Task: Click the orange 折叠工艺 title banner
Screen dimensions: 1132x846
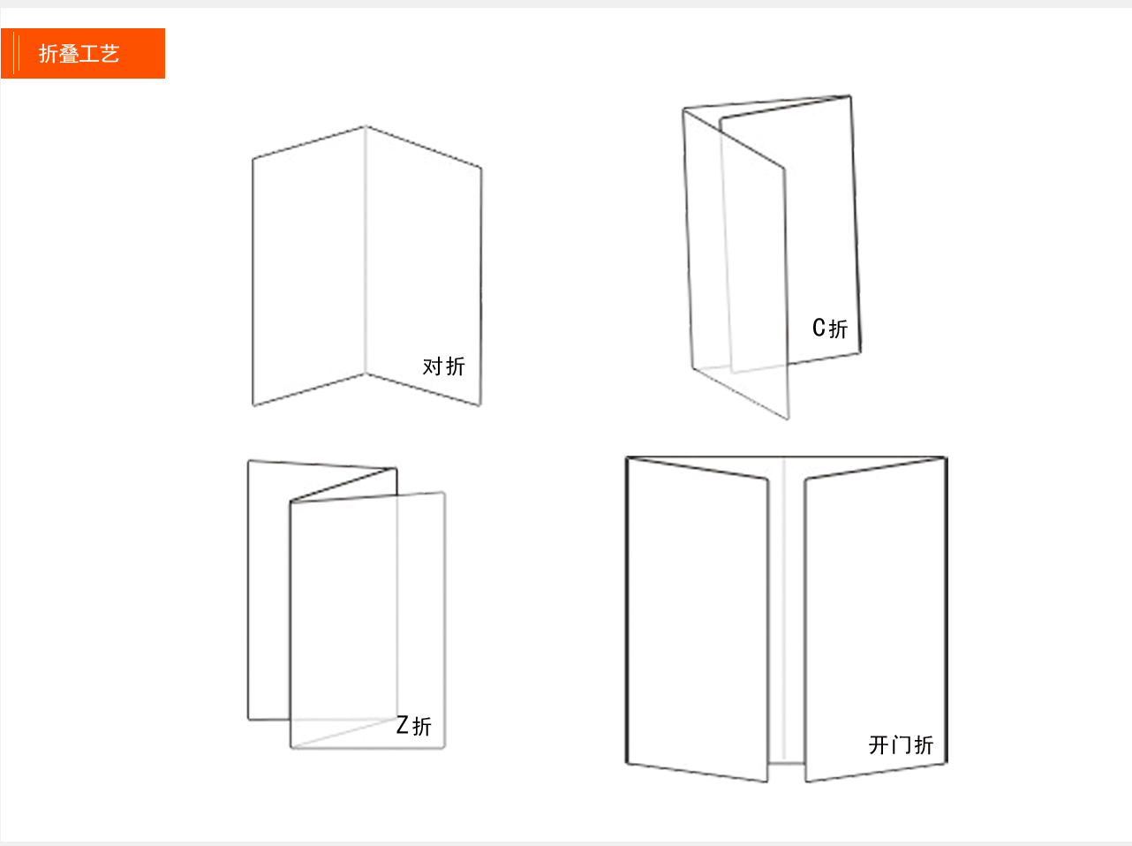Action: point(82,53)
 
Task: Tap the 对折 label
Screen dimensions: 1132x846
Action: point(443,366)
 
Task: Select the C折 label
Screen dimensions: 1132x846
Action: point(830,329)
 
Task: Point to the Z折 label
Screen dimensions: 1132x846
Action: point(413,726)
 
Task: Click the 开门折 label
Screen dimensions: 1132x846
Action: point(901,745)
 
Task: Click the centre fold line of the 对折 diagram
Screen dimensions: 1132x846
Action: point(366,250)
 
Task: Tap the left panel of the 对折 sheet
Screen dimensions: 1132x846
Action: point(309,266)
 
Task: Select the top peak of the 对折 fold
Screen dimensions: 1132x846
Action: point(366,126)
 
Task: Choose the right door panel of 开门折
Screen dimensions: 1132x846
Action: point(876,620)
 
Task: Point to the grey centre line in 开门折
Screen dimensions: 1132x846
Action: point(784,608)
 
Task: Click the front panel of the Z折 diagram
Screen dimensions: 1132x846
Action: point(367,620)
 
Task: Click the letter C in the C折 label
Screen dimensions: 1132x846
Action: point(819,328)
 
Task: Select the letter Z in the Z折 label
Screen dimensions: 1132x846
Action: point(403,725)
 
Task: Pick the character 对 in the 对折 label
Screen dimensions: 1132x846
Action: point(432,366)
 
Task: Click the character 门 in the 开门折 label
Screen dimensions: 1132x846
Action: point(901,745)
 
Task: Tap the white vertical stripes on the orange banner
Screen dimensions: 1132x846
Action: point(16,53)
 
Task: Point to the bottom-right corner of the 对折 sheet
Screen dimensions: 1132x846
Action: point(480,405)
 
